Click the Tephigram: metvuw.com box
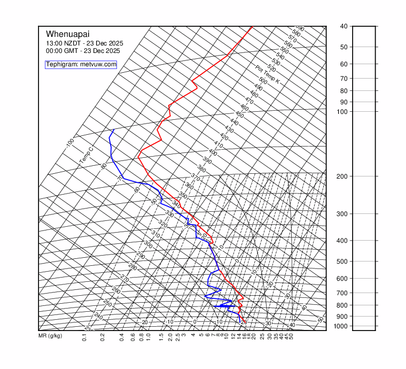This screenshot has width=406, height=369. click(81, 64)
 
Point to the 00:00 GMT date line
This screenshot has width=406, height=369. click(83, 51)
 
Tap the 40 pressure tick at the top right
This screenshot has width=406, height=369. click(343, 26)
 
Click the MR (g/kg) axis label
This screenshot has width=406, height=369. click(50, 336)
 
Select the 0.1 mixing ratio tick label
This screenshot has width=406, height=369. click(84, 337)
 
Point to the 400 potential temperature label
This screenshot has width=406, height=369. click(213, 152)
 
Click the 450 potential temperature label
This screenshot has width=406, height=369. click(239, 115)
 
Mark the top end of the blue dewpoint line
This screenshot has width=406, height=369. click(114, 129)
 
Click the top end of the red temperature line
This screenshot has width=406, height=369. click(252, 26)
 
